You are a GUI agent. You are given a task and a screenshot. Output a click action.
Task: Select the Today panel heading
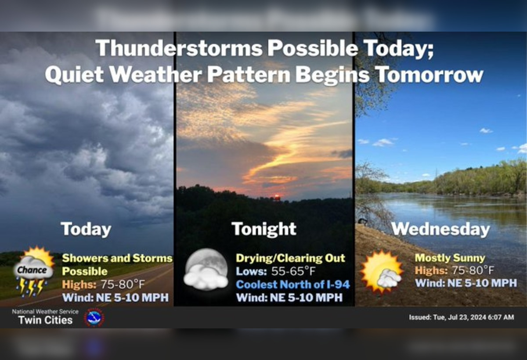click(86, 229)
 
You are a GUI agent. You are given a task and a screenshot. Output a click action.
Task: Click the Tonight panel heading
click(264, 229)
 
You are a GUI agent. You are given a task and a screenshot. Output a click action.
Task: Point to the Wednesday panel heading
click(440, 229)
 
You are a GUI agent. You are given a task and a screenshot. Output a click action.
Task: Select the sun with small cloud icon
click(381, 272)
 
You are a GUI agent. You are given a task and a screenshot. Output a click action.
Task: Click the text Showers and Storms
click(117, 258)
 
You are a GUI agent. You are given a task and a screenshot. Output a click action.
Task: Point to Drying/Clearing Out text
click(290, 258)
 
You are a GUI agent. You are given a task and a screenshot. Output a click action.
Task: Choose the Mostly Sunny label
click(450, 258)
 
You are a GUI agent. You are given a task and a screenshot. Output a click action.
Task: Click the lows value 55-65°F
click(293, 271)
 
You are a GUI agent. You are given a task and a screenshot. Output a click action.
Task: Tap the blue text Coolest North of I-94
click(293, 284)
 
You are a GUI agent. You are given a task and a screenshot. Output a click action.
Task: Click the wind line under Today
click(115, 297)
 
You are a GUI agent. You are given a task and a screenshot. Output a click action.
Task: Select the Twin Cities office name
click(45, 320)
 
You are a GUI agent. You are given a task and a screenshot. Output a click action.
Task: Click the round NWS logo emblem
click(94, 317)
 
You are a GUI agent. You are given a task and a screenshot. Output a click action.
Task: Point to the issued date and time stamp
click(461, 317)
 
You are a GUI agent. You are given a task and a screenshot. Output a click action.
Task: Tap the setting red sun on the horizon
click(277, 197)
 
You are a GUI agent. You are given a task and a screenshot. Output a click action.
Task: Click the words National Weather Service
click(45, 312)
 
